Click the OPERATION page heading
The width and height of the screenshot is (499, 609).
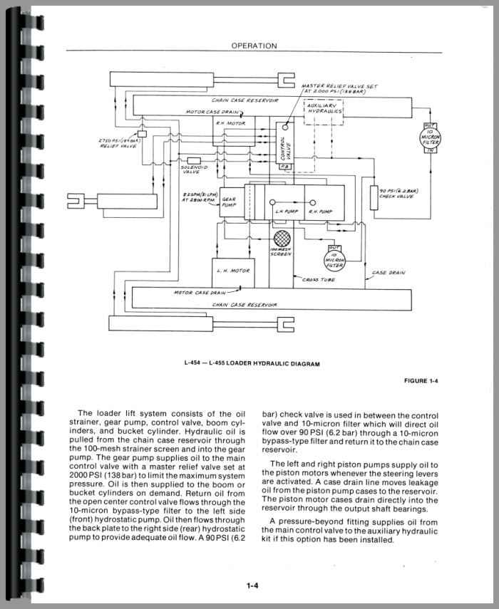[x=254, y=46]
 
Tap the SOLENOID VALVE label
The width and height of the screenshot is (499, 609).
[x=192, y=169]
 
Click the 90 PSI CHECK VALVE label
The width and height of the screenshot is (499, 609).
[x=398, y=193]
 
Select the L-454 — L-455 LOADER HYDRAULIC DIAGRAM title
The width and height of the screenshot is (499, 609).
[x=251, y=364]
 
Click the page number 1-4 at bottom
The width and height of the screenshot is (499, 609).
[x=252, y=586]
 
